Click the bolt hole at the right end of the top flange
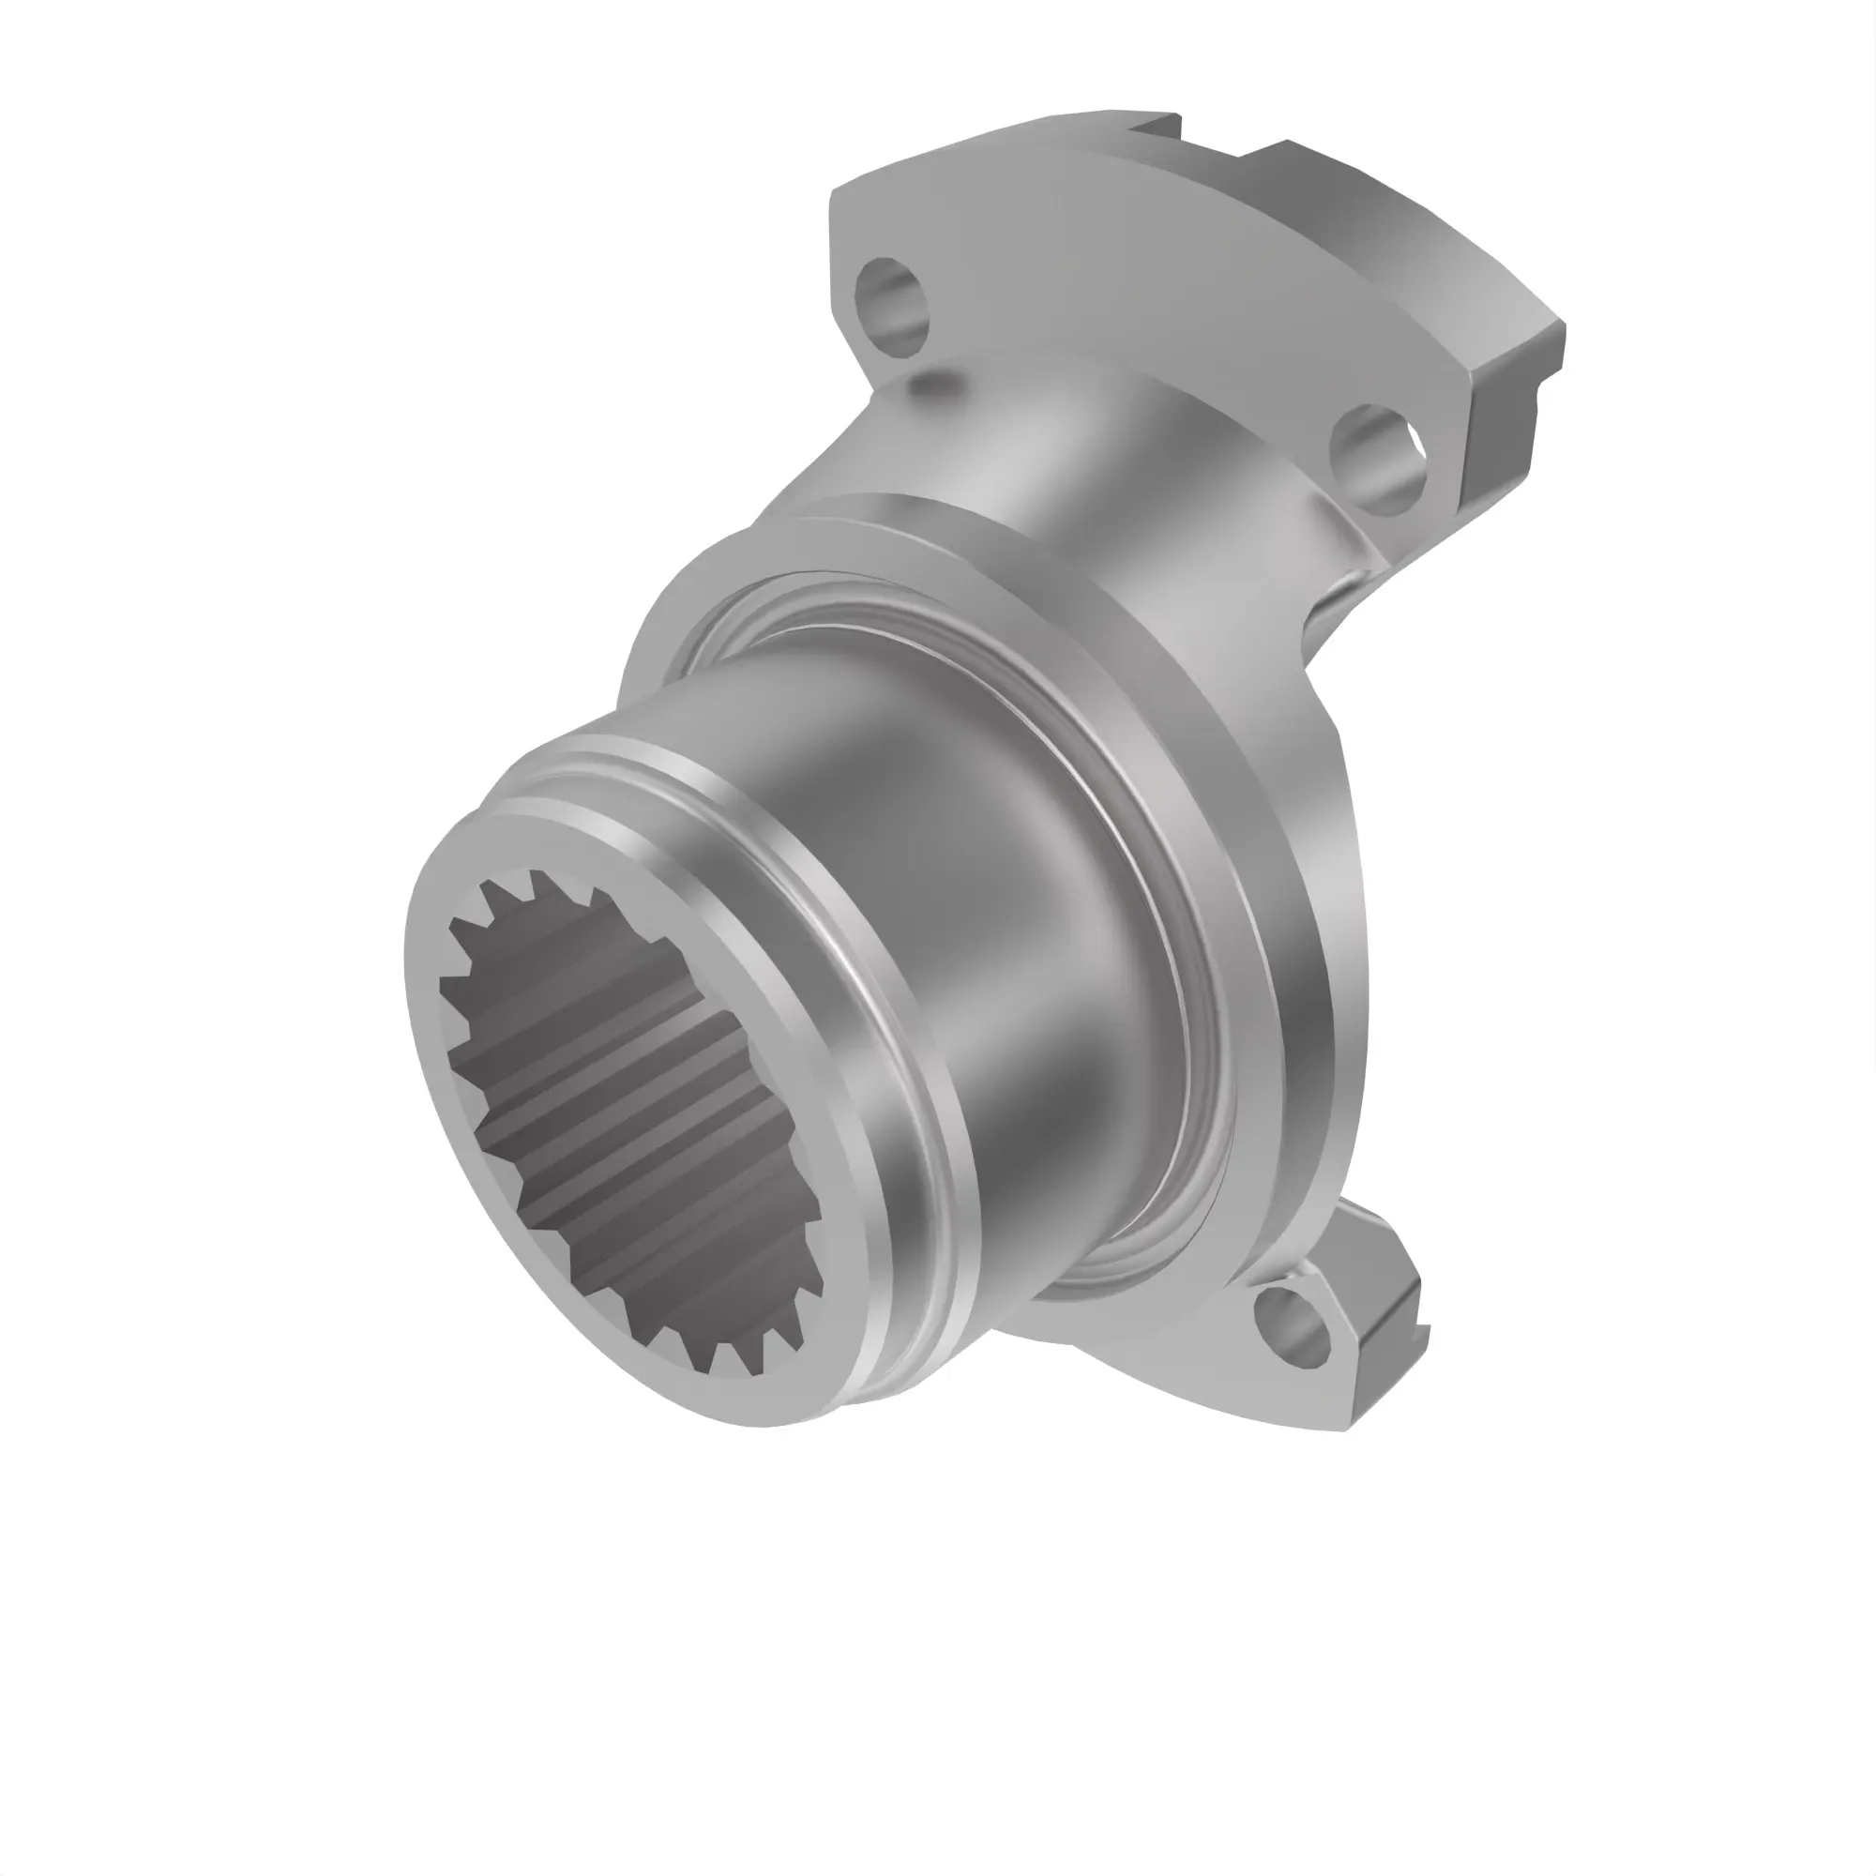click(x=1380, y=460)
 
